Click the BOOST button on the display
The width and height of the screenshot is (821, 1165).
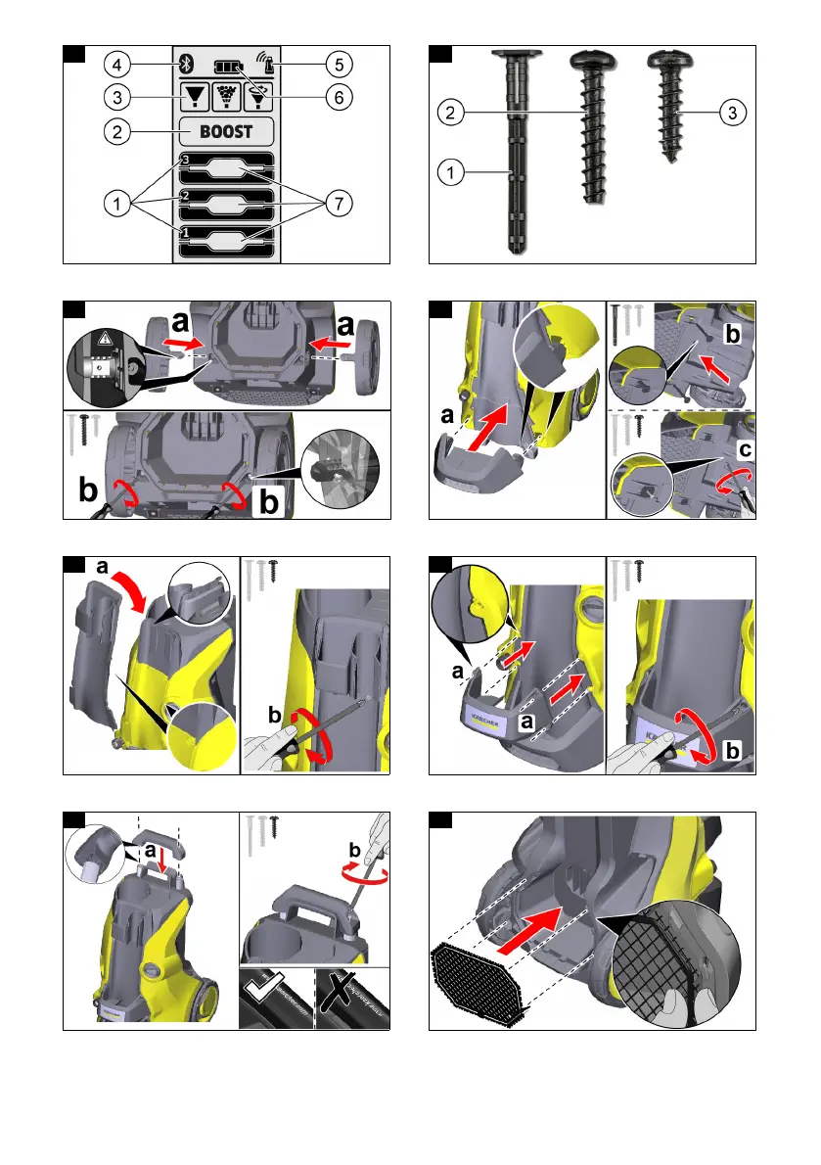tap(226, 131)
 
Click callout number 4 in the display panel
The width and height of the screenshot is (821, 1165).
tap(116, 66)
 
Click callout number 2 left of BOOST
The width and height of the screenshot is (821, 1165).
tap(116, 131)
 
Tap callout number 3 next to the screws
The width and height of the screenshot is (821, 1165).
tap(731, 114)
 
